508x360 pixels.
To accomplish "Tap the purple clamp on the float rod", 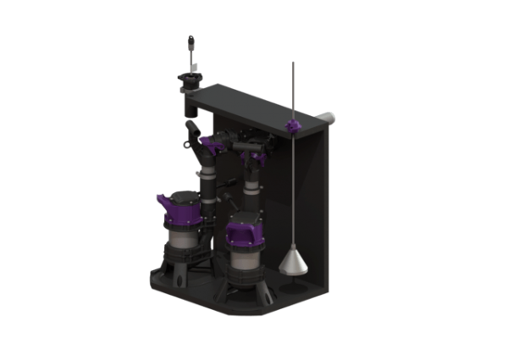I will [293, 127].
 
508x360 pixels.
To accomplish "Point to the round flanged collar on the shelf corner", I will [189, 80].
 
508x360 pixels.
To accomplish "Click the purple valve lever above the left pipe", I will [213, 143].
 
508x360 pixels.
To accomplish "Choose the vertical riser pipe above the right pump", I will [251, 181].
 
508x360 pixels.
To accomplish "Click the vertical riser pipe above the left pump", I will [206, 182].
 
